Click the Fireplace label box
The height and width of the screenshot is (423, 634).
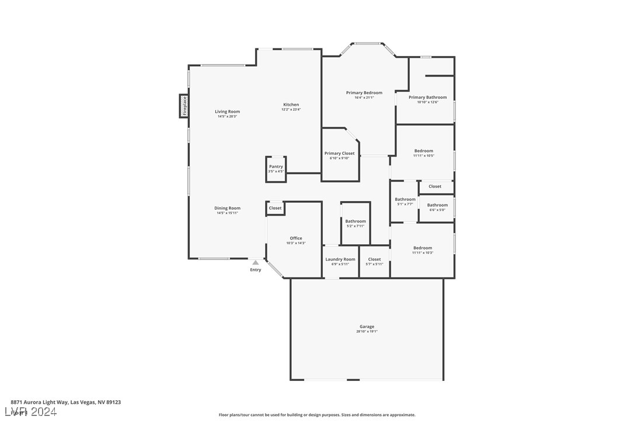[x=184, y=106]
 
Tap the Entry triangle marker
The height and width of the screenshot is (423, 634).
[x=255, y=263]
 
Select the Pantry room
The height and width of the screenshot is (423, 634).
[x=276, y=169]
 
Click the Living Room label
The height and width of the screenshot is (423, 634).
[x=227, y=112]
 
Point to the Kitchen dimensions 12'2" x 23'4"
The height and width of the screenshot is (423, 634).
[x=291, y=110]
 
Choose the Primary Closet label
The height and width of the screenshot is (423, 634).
[x=339, y=154]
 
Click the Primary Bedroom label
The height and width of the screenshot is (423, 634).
[x=364, y=93]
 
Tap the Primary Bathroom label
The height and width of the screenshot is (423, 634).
[x=427, y=98]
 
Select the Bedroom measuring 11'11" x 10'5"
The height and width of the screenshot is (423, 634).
[x=424, y=153]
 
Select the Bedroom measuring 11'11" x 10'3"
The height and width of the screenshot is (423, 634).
[x=423, y=250]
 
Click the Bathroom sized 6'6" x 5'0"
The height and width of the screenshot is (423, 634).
[x=437, y=207]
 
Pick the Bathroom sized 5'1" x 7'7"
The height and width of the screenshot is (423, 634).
[x=405, y=202]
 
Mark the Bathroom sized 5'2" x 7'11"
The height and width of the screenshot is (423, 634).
[x=355, y=223]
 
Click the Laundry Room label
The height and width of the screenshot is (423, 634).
[x=340, y=259]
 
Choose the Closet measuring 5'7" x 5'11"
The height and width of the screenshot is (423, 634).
[x=374, y=261]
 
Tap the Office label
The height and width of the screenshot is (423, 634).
[x=296, y=238]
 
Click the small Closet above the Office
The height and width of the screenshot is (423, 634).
[x=275, y=208]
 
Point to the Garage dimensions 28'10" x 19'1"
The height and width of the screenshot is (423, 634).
[x=367, y=332]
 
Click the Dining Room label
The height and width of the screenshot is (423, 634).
[x=227, y=208]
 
